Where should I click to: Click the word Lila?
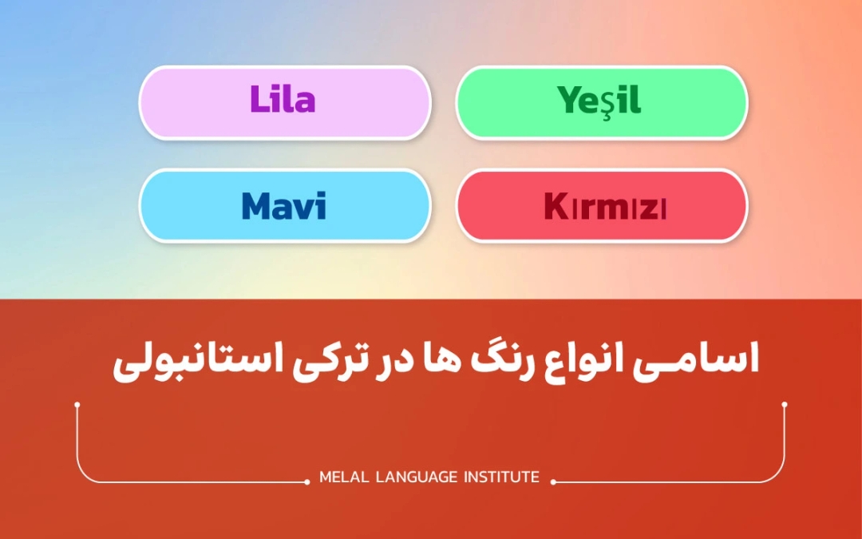(x=283, y=101)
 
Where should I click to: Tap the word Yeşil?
(x=599, y=101)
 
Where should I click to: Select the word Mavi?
(x=283, y=206)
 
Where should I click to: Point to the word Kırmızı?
(x=605, y=207)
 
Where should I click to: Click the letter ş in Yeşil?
(x=603, y=103)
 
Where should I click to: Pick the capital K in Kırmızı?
(x=555, y=207)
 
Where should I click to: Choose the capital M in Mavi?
(x=256, y=206)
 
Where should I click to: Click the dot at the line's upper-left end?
(x=77, y=405)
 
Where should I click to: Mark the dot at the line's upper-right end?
(x=785, y=405)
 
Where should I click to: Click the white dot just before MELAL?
(x=308, y=482)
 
